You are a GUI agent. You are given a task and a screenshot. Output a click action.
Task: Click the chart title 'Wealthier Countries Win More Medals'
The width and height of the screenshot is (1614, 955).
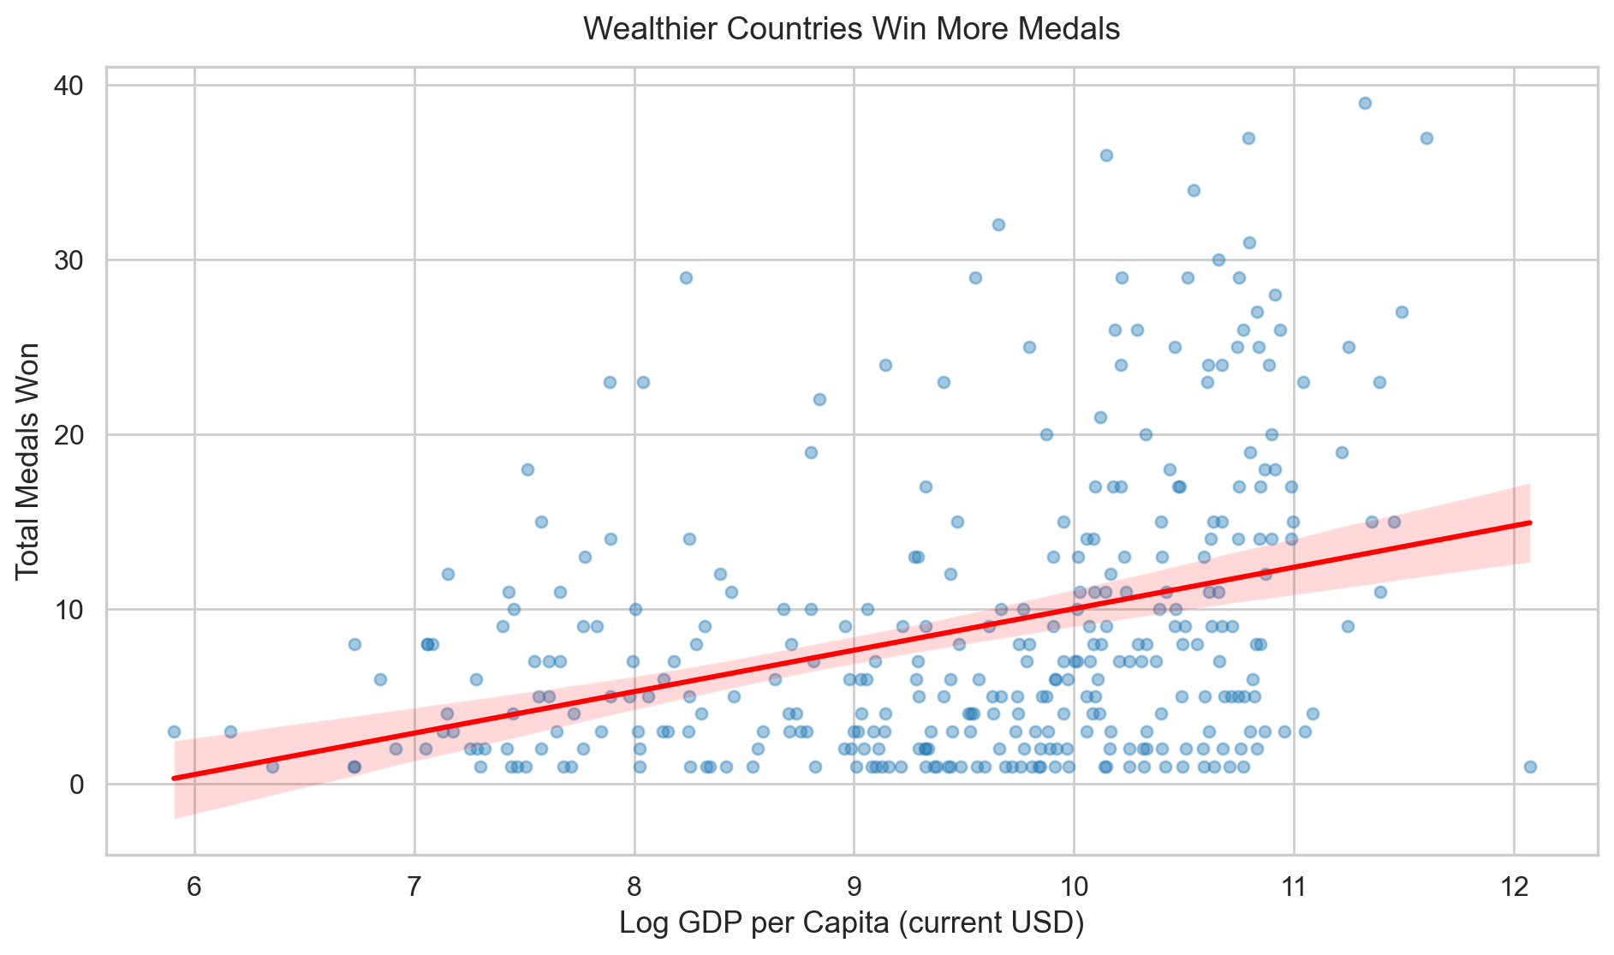point(851,30)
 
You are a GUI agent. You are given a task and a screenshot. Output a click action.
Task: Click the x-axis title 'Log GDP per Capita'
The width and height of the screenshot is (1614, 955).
point(851,924)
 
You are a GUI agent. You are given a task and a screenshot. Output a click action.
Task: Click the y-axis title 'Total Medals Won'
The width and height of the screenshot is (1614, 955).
point(28,461)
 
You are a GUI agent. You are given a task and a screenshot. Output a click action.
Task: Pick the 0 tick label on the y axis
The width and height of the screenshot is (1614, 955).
point(78,785)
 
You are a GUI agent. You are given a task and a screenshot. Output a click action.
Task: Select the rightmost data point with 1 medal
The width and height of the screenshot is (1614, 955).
point(1530,767)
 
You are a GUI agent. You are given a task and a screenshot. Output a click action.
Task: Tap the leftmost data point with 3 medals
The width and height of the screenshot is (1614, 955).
point(174,731)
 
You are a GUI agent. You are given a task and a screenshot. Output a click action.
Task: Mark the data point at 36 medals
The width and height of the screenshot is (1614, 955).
point(1106,155)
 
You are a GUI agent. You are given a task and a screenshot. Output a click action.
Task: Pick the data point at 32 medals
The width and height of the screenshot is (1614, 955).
point(998,224)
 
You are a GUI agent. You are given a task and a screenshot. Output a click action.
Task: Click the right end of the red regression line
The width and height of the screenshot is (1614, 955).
point(1529,522)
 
